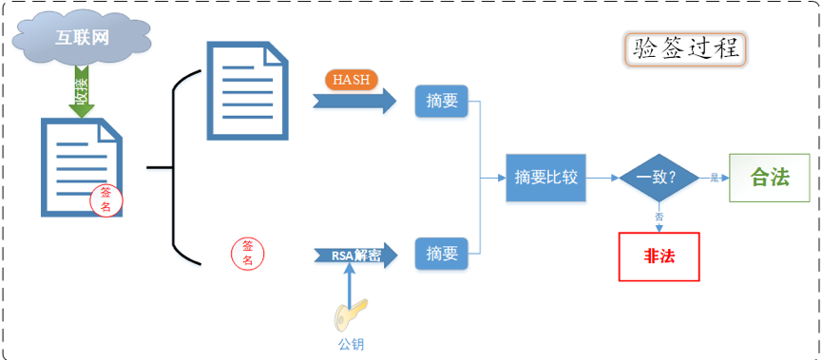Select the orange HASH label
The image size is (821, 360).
click(351, 79)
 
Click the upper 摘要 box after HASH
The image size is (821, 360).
click(442, 101)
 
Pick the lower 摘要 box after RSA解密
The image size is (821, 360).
click(442, 254)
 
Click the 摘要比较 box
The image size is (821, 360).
click(545, 177)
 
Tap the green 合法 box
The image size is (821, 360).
click(770, 177)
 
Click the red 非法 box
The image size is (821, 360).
click(659, 256)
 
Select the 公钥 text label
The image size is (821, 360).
click(351, 343)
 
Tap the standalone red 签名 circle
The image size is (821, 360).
click(248, 252)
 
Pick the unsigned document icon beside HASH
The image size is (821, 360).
click(246, 91)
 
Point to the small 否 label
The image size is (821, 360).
click(659, 217)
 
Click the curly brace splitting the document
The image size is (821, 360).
click(176, 166)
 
